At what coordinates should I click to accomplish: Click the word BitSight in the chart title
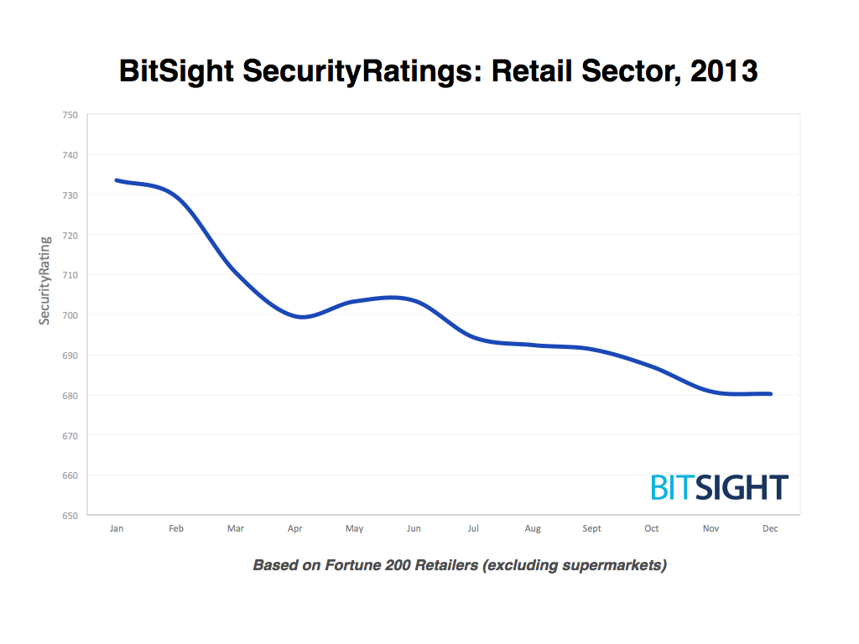(178, 71)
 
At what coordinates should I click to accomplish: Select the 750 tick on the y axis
(70, 115)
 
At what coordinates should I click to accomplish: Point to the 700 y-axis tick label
(70, 315)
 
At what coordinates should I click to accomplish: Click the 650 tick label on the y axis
(70, 516)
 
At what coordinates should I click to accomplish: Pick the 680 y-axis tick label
(70, 396)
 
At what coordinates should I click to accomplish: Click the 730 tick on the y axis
(70, 195)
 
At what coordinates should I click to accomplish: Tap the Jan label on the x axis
(117, 529)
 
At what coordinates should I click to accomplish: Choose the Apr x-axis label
(294, 529)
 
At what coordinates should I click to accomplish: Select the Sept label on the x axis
(592, 529)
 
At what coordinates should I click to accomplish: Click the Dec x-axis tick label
(770, 529)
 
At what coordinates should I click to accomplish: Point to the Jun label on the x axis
(414, 529)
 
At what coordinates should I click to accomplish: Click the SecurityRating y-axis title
(45, 280)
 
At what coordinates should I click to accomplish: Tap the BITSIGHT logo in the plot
(719, 487)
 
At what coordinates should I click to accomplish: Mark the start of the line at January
(117, 180)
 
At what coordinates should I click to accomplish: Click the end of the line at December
(770, 394)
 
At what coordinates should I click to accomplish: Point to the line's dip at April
(301, 317)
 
